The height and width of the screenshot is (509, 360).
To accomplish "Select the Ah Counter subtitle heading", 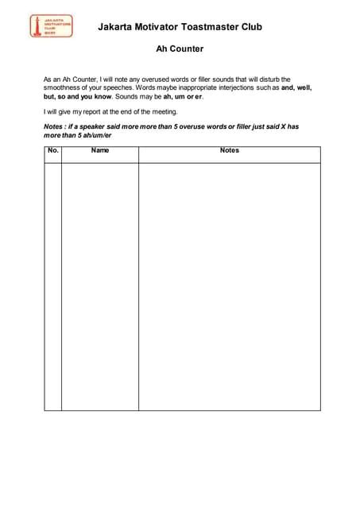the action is tap(180, 49).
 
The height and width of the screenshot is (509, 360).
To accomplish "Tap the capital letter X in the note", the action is tap(283, 127).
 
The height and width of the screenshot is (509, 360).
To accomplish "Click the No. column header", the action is tap(52, 150).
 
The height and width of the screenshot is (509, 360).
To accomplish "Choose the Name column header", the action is tap(100, 150).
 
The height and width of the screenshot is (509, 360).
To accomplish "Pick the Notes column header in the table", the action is tap(229, 150).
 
